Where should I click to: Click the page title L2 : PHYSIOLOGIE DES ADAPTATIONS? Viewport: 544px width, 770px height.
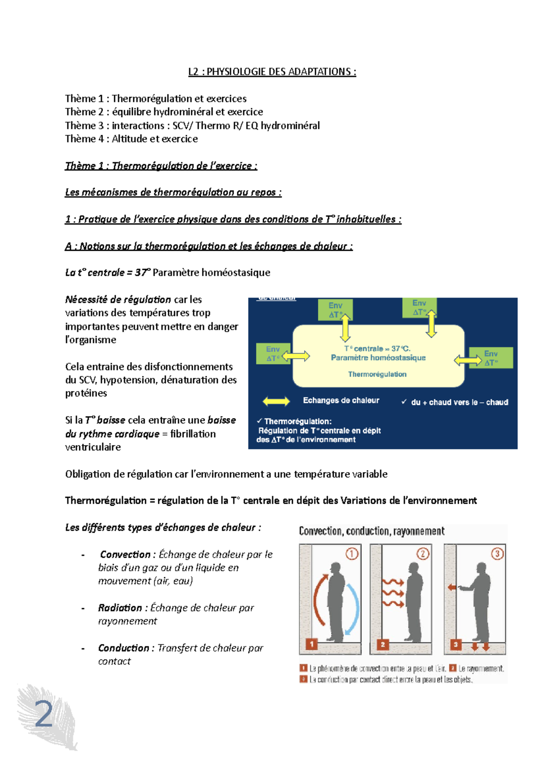pos(272,72)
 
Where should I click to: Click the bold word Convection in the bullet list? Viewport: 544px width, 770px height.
pos(125,555)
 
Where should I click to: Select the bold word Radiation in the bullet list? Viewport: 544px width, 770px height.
pos(120,608)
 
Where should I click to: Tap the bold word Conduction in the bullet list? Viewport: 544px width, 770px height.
pos(123,648)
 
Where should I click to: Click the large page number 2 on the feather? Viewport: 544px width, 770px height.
pos(44,715)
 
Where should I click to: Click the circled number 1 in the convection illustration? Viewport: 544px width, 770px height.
pos(352,554)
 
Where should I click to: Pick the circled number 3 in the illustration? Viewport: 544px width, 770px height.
pos(497,554)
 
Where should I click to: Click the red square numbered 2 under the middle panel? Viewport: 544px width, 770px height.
pos(383,644)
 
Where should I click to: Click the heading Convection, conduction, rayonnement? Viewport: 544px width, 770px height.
pos(371,531)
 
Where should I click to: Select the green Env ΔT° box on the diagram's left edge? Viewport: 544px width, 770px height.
pos(273,354)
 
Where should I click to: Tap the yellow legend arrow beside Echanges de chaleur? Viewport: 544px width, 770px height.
pos(276,401)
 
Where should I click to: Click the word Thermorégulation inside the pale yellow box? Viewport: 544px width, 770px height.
pos(377,374)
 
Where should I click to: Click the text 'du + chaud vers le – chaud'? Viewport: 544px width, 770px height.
pos(459,402)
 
